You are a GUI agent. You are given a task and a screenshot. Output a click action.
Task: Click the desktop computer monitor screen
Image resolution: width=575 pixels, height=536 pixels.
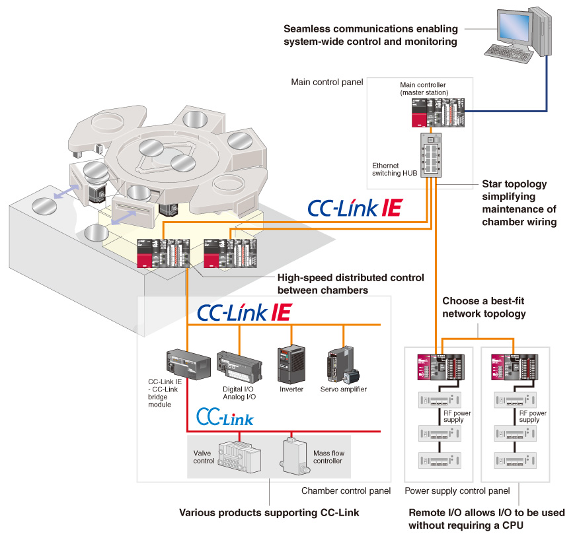coord(514,27)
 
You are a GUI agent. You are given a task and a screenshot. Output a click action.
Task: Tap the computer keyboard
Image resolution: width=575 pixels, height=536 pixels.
coord(509,53)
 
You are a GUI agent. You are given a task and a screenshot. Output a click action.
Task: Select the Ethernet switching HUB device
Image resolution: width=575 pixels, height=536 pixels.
coord(431,155)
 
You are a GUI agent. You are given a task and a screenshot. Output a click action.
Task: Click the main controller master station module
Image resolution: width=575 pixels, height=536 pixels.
coord(438,113)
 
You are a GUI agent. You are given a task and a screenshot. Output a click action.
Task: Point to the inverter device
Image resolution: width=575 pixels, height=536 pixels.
coord(291,364)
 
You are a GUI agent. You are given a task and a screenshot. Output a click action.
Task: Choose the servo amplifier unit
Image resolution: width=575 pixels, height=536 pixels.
coord(343,365)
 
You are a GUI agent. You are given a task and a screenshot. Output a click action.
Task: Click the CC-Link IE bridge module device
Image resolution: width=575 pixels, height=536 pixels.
coord(188,364)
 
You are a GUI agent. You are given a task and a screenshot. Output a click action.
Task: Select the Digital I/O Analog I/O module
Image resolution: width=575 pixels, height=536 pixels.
coord(239,367)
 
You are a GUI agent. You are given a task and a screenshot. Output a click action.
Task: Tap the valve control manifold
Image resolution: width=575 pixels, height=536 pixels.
coord(240,457)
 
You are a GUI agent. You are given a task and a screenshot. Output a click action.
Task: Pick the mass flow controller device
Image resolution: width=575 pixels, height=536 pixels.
coord(295,457)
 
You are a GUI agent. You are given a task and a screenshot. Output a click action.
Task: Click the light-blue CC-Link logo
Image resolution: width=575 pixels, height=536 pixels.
coord(225,417)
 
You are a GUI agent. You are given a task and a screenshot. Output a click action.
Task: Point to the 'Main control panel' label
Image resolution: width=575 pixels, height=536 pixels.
coord(327,82)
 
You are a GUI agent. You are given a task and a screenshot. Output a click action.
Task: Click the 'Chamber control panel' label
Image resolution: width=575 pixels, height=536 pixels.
coord(346,491)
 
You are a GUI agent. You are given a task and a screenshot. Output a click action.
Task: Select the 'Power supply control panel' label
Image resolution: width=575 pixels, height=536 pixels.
coord(457,491)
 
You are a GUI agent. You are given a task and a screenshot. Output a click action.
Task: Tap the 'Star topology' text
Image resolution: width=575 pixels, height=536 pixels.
coord(514,184)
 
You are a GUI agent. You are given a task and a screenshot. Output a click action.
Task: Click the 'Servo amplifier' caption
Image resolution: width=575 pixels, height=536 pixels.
coord(344,389)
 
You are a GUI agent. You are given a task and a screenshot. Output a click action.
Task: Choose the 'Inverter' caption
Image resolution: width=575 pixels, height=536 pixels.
coord(291,389)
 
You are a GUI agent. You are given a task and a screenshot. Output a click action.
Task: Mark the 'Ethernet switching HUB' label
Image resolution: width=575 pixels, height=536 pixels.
coord(395,169)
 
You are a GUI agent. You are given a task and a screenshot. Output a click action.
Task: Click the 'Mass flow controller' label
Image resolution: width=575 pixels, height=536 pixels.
coord(328,457)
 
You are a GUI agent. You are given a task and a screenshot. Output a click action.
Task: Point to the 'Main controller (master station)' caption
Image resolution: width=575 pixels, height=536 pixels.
coord(424,88)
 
